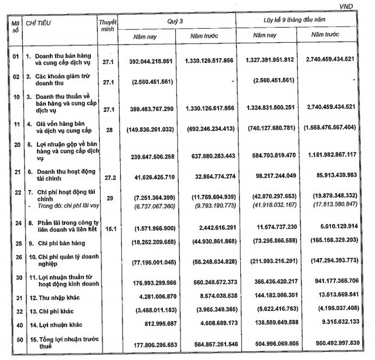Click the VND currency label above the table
tap(363, 5)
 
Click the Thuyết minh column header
tap(108, 25)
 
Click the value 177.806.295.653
tap(146, 345)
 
